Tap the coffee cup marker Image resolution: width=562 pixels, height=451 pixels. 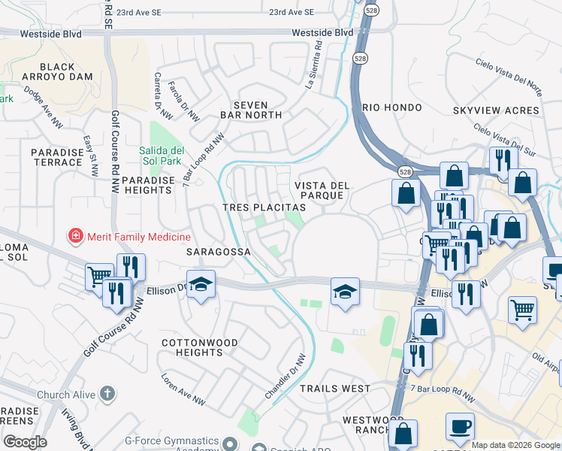(460, 426)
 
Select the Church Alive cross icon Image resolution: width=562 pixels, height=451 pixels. (107, 393)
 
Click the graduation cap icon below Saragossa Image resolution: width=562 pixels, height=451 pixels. (201, 284)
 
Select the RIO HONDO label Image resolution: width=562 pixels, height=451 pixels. (387, 107)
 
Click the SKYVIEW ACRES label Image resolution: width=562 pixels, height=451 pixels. (496, 110)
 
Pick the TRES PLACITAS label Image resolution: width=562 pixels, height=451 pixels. (264, 207)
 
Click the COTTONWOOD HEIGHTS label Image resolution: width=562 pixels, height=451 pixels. (200, 348)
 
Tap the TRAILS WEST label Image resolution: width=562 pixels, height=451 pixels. (335, 389)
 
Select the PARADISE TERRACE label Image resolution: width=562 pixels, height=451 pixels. (57, 157)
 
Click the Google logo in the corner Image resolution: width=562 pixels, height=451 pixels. (25, 441)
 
